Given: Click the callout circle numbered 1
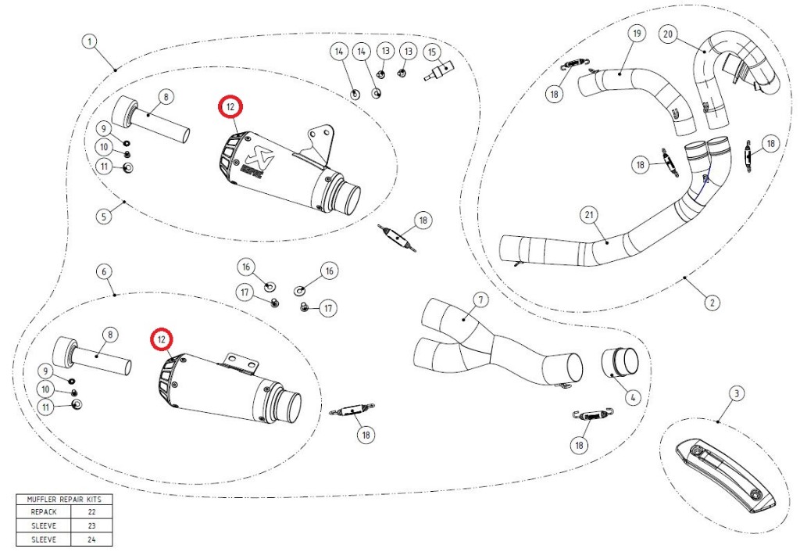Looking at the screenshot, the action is [90, 41].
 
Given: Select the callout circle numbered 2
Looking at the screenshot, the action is [712, 303].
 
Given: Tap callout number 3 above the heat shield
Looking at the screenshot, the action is [736, 394].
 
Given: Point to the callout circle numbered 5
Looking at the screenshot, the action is [104, 216].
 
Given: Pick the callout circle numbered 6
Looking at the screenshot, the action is [104, 271].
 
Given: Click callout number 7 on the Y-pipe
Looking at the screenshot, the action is [480, 300].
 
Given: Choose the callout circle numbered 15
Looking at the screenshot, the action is [432, 52].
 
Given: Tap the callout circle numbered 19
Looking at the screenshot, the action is [637, 34].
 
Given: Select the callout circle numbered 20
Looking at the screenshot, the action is [668, 34].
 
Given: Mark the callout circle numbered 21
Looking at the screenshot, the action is [589, 215].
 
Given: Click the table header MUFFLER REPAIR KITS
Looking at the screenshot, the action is [64, 500].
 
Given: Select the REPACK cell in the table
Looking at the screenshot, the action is [44, 511].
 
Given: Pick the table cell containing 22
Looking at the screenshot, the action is [92, 511].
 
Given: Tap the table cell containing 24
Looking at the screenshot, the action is [92, 539].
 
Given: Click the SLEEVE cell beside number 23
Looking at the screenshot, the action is [44, 525].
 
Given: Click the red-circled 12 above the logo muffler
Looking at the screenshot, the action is [230, 106].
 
